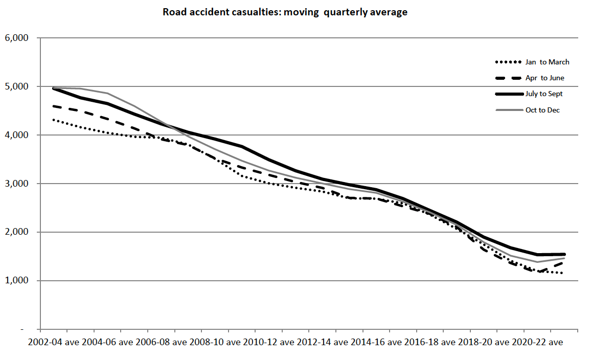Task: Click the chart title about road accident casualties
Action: pyautogui.click(x=285, y=12)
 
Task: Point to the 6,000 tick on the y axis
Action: pyautogui.click(x=18, y=38)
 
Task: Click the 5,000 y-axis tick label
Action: pyautogui.click(x=18, y=86)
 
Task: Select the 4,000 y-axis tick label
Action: pyautogui.click(x=18, y=135)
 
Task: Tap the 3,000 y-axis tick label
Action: pyautogui.click(x=18, y=184)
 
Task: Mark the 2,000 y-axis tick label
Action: pyautogui.click(x=18, y=232)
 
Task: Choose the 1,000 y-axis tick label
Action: pyautogui.click(x=18, y=281)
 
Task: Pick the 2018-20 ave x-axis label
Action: pyautogui.click(x=483, y=342)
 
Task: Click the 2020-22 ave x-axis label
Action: pyautogui.click(x=537, y=342)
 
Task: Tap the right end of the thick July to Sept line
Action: pyautogui.click(x=564, y=254)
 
